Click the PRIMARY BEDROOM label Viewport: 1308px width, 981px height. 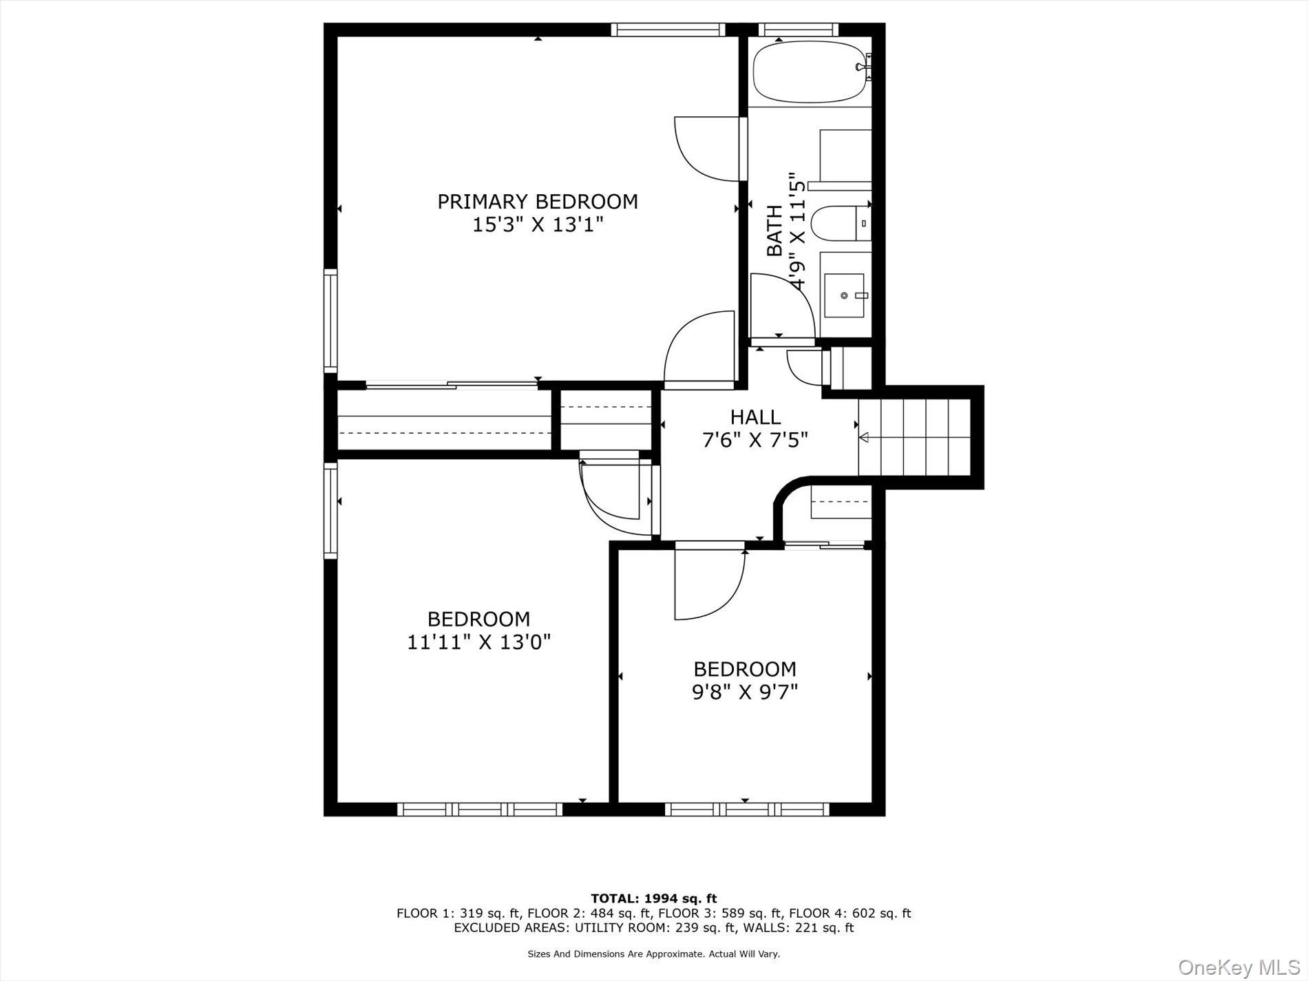coord(538,202)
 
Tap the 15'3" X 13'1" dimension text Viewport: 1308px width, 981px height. coord(538,225)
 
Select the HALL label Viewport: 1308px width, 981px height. coord(755,417)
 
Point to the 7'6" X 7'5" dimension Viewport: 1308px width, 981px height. coord(755,440)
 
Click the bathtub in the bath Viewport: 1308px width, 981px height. coord(809,72)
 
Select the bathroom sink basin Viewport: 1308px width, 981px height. coord(844,295)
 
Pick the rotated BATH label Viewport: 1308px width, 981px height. coord(775,231)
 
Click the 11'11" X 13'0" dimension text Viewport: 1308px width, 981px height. coord(479,642)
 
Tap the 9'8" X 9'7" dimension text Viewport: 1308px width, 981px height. coord(745,692)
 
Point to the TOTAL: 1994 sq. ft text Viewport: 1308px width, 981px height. coord(653,898)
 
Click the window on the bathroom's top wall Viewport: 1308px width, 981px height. coord(798,29)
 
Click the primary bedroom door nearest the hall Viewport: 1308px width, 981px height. coord(697,348)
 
